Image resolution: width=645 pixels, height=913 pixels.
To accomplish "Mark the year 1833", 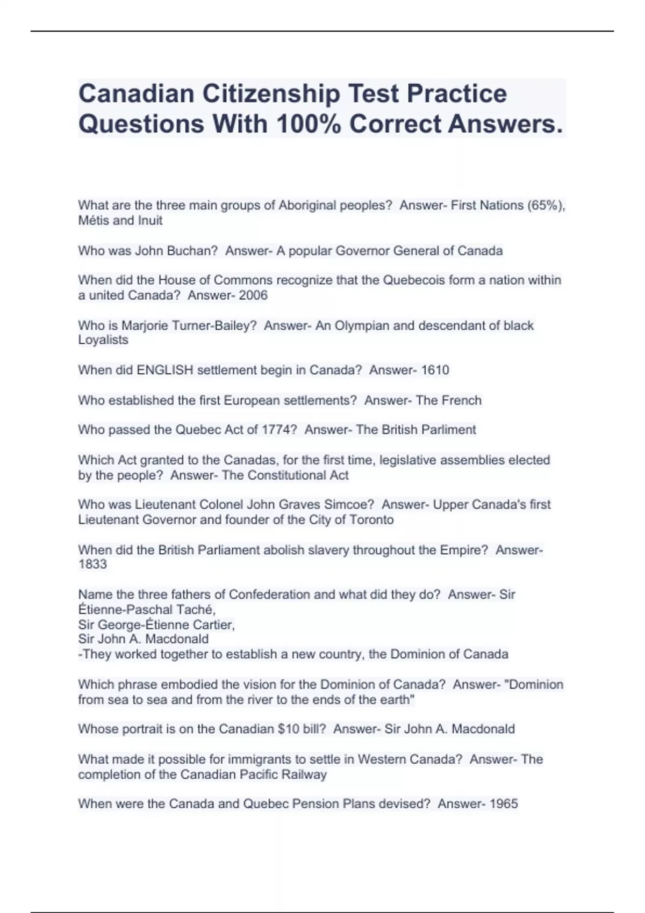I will point(92,564).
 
